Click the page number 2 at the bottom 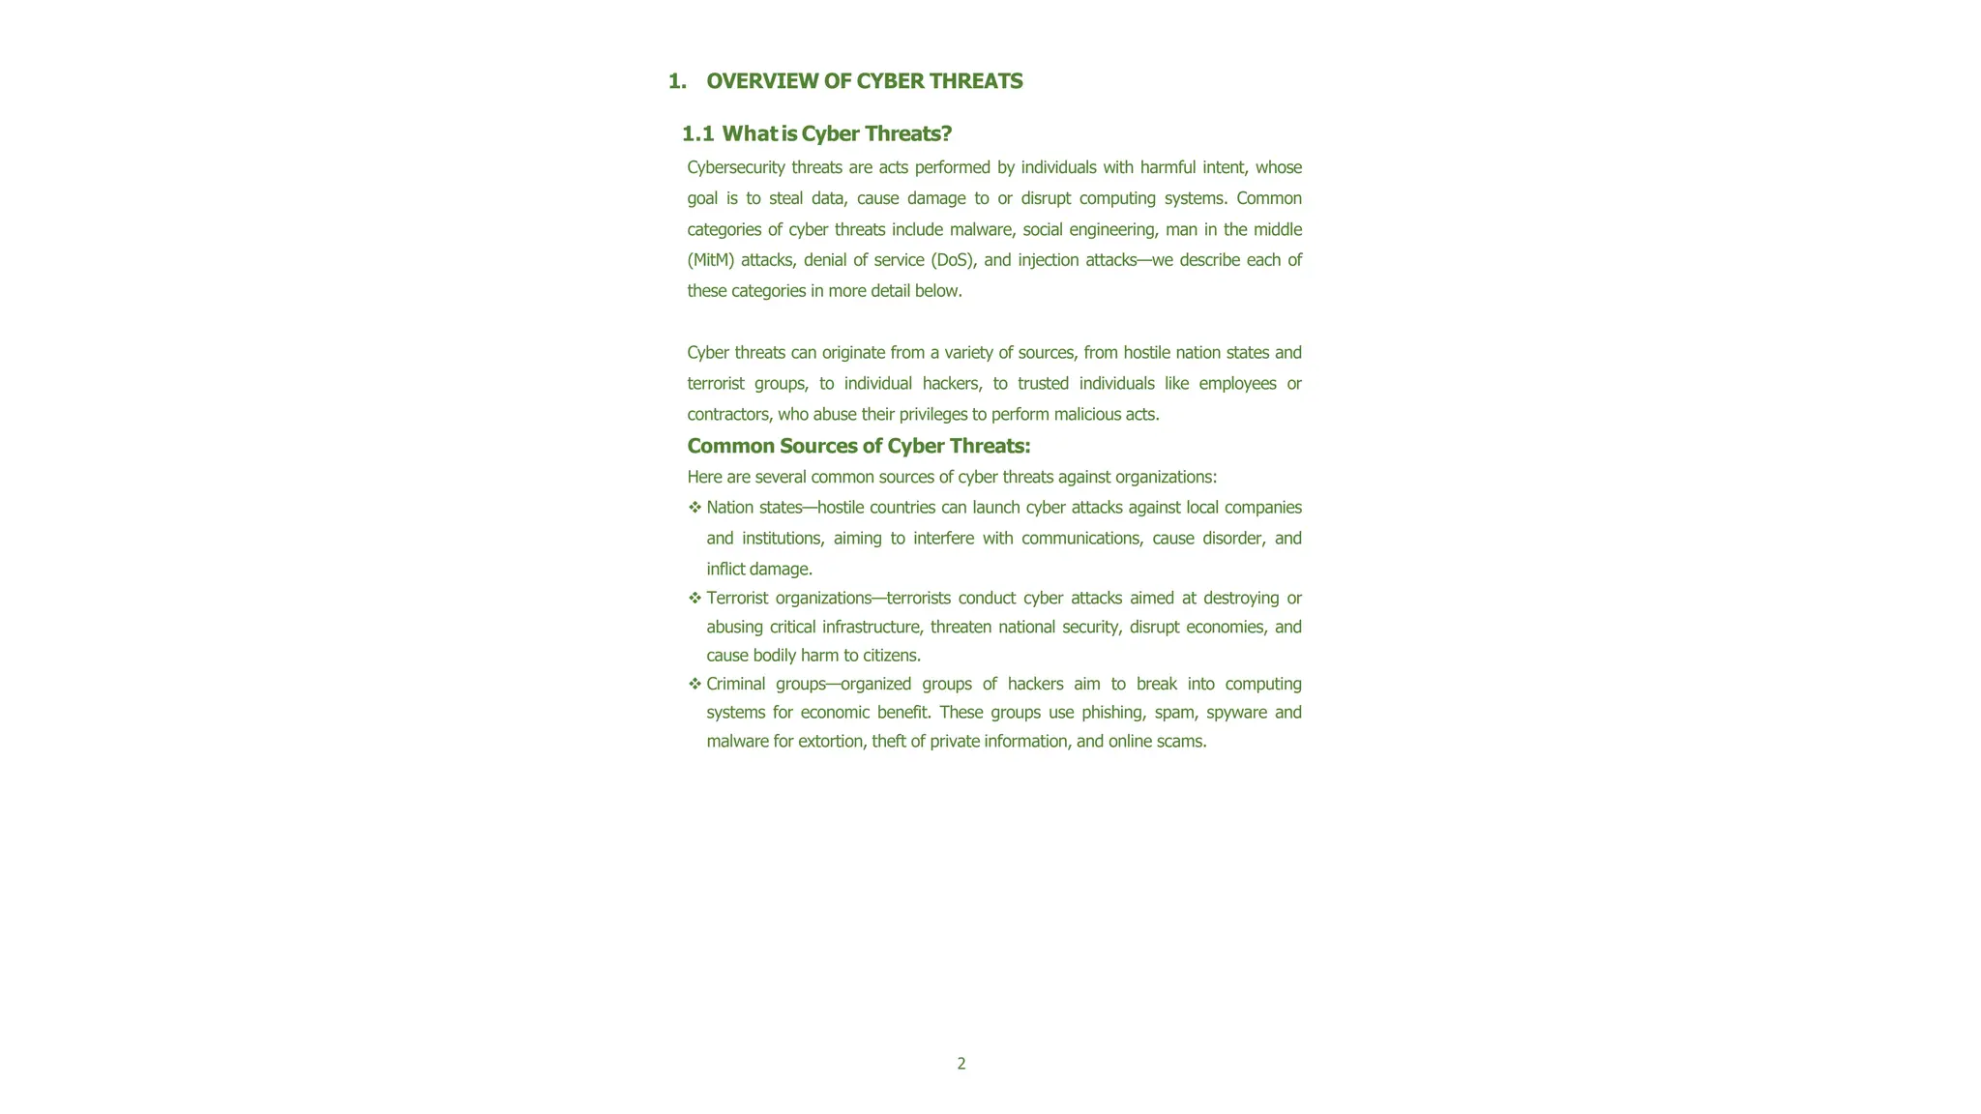point(961,1064)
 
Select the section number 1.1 point(697,133)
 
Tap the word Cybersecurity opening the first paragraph point(735,167)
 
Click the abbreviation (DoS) point(953,260)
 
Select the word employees point(1237,384)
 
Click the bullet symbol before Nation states point(695,508)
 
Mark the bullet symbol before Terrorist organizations point(695,598)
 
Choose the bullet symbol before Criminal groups point(695,684)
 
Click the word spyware point(1236,713)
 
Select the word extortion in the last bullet point(829,742)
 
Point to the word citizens point(891,656)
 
